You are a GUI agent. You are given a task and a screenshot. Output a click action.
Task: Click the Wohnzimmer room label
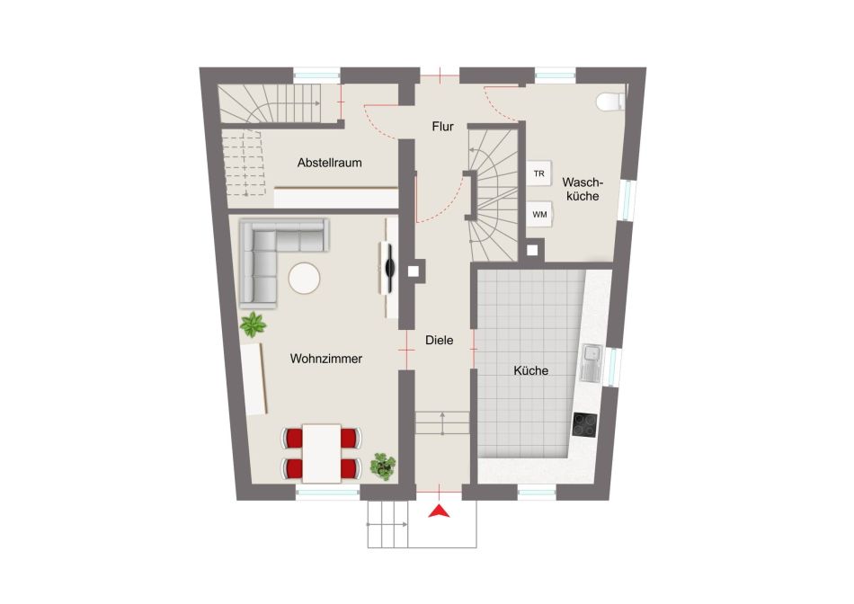325,359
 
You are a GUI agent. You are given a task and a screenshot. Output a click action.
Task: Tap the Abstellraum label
330,163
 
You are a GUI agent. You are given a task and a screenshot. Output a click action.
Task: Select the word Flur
443,127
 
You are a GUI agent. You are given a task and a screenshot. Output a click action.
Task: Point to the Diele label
439,340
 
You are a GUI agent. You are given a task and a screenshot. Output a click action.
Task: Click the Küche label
530,370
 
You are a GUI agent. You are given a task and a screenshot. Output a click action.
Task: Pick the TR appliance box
539,173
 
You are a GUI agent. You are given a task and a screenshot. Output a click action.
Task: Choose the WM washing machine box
539,215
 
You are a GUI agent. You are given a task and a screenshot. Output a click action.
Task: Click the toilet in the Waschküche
610,102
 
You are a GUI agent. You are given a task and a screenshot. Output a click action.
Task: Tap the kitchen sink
591,363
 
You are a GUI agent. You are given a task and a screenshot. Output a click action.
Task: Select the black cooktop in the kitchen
585,425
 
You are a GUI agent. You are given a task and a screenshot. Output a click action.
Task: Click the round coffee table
304,279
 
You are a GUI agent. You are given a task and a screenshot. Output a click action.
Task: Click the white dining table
321,454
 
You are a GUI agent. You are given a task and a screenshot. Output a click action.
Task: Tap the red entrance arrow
439,511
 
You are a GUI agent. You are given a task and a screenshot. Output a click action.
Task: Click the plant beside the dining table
384,466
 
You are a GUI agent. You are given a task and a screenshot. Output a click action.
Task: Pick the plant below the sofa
253,324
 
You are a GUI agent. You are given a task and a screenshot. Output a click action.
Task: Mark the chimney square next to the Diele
414,271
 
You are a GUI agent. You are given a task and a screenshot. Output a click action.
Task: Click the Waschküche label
583,189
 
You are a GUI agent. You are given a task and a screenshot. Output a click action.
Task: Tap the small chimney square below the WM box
532,251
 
